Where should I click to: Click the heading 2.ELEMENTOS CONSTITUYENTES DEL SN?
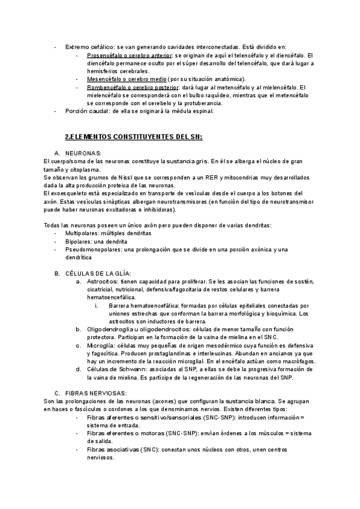pos(133,137)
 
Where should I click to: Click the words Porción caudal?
pos(88,111)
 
